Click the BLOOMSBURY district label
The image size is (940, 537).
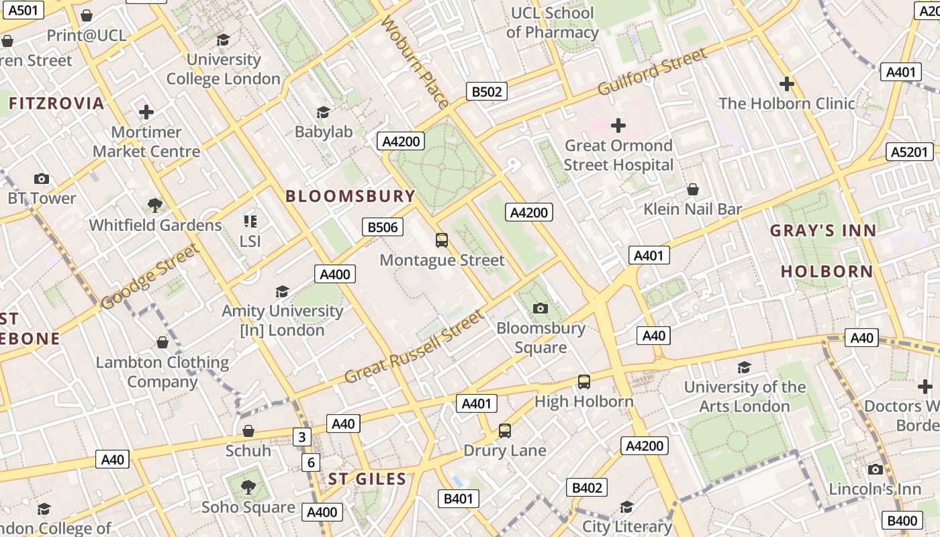[350, 196]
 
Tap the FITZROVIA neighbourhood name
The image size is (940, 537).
[56, 103]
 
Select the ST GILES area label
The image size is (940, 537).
[367, 479]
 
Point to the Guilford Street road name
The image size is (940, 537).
[652, 72]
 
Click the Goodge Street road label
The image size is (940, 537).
[150, 277]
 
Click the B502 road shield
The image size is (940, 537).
[487, 91]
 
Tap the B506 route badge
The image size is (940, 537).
[383, 227]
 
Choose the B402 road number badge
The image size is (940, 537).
[587, 487]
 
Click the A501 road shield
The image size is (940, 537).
[23, 9]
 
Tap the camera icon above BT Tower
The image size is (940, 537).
[42, 179]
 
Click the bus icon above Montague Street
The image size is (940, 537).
[442, 240]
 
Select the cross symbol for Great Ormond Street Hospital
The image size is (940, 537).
[618, 126]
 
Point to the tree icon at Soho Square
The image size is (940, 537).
[248, 487]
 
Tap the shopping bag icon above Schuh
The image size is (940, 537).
[248, 431]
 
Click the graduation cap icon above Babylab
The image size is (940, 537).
[324, 112]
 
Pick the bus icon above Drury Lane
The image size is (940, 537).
[505, 431]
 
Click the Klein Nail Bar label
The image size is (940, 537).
[692, 209]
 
